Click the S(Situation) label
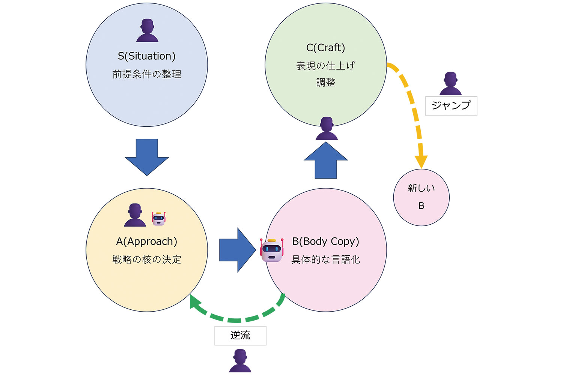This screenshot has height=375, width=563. point(147,56)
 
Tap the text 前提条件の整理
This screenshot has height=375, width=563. point(147,74)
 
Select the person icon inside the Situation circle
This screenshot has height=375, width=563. point(147,31)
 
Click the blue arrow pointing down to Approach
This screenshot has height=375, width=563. point(147,157)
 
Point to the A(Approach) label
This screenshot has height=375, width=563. point(147,241)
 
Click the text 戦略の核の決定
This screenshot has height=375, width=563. point(147,259)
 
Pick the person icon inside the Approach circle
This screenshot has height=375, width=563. point(135,215)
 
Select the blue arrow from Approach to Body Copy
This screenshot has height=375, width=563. point(237,250)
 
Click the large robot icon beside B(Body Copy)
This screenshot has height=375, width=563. point(272,250)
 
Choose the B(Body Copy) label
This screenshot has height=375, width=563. point(325,241)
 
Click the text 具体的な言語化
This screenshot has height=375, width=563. point(325,259)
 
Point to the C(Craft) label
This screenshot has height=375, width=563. point(325,48)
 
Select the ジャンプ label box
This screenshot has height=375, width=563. point(451,106)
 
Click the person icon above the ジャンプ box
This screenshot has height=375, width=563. point(450,84)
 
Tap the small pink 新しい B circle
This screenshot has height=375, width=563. point(421,197)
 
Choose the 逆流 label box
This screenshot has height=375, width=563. point(240,336)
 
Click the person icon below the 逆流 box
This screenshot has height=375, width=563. point(240,361)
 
